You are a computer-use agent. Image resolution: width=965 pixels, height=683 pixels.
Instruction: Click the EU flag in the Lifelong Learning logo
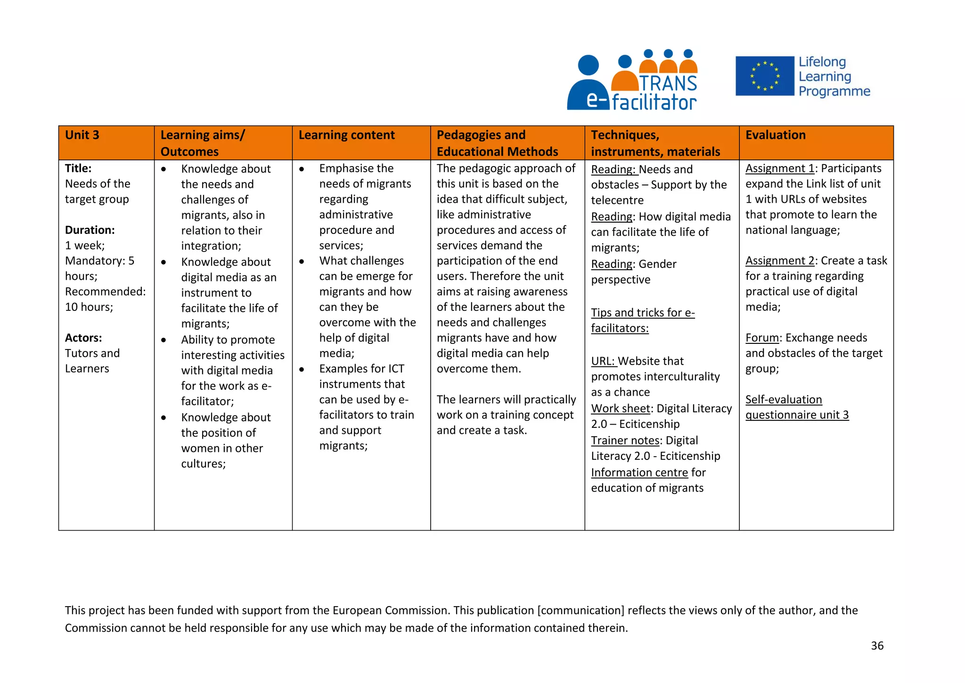pyautogui.click(x=764, y=76)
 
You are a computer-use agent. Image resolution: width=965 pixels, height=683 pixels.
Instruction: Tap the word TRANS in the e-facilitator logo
pyautogui.click(x=668, y=83)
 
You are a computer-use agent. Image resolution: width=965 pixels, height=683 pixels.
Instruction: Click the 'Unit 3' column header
pyautogui.click(x=82, y=135)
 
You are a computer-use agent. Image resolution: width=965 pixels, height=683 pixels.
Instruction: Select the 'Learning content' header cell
pyautogui.click(x=346, y=135)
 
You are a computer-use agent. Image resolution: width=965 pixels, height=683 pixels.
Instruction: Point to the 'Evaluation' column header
pyautogui.click(x=775, y=135)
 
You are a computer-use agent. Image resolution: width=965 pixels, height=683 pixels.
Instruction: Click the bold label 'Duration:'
pyautogui.click(x=90, y=230)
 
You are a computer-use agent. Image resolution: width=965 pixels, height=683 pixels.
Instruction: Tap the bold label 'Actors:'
pyautogui.click(x=83, y=338)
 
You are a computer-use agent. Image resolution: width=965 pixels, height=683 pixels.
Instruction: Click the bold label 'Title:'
pyautogui.click(x=78, y=168)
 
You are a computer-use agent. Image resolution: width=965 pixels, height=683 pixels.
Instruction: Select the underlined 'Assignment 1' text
pyautogui.click(x=780, y=168)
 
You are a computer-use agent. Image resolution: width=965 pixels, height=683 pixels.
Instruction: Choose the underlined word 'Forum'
pyautogui.click(x=762, y=338)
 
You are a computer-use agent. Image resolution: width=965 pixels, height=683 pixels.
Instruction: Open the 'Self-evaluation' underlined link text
pyautogui.click(x=783, y=400)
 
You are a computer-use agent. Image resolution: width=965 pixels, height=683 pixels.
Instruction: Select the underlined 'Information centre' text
pyautogui.click(x=639, y=473)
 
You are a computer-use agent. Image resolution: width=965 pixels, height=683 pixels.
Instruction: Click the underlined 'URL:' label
pyautogui.click(x=603, y=361)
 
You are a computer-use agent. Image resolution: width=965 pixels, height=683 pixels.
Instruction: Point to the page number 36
pyautogui.click(x=877, y=646)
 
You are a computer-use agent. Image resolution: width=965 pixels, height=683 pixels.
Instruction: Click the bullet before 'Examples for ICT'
pyautogui.click(x=302, y=369)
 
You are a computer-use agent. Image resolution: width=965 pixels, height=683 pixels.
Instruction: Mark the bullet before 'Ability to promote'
pyautogui.click(x=164, y=340)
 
